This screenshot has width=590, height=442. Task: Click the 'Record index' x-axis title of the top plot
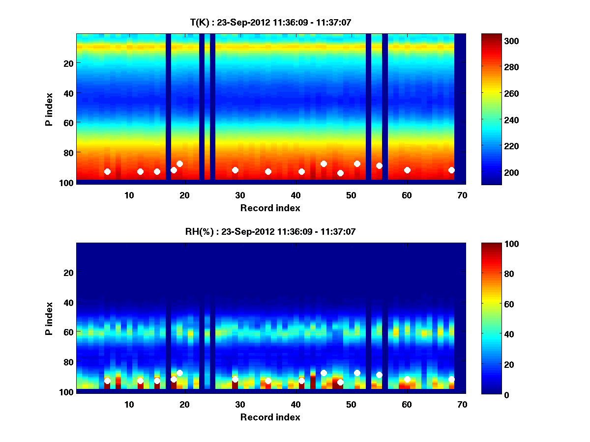pyautogui.click(x=270, y=208)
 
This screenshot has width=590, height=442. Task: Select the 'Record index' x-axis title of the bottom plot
pyautogui.click(x=270, y=417)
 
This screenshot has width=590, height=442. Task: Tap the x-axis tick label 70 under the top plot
pyautogui.click(x=463, y=195)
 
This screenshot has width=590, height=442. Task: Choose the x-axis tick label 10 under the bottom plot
pyautogui.click(x=129, y=404)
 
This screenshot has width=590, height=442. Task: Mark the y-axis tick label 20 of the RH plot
pyautogui.click(x=68, y=273)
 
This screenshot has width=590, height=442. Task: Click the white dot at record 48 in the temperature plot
pyautogui.click(x=340, y=173)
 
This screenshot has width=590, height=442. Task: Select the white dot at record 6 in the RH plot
pyautogui.click(x=107, y=381)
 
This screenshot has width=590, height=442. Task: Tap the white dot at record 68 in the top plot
pyautogui.click(x=451, y=170)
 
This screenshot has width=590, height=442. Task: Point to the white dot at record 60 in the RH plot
pyautogui.click(x=407, y=379)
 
